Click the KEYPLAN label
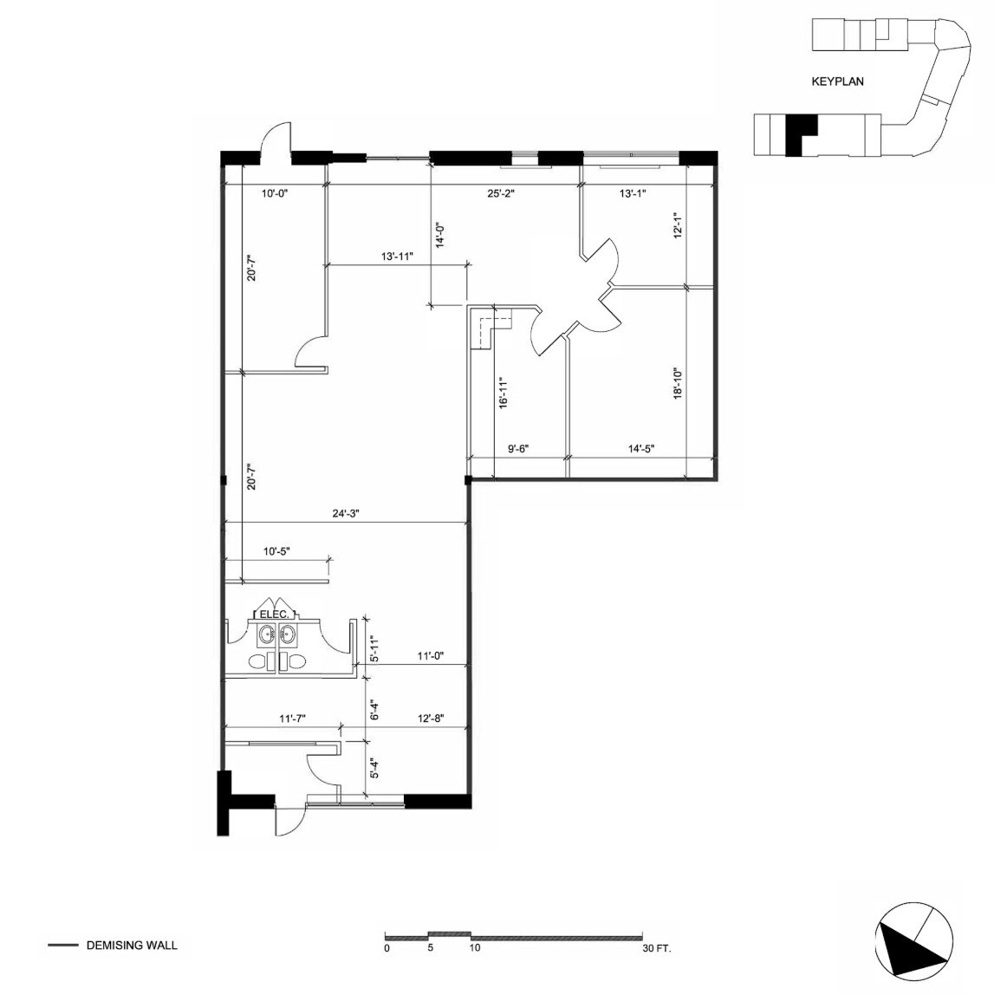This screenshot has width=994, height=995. (x=837, y=82)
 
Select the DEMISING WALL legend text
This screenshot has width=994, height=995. (x=132, y=945)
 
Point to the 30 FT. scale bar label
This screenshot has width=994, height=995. (x=657, y=948)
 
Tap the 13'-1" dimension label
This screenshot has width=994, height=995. (x=633, y=194)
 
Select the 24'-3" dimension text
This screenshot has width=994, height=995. (x=345, y=513)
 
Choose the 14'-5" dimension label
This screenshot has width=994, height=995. (x=640, y=448)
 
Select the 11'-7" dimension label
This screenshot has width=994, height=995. (x=292, y=719)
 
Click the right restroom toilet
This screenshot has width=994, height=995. (x=295, y=663)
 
